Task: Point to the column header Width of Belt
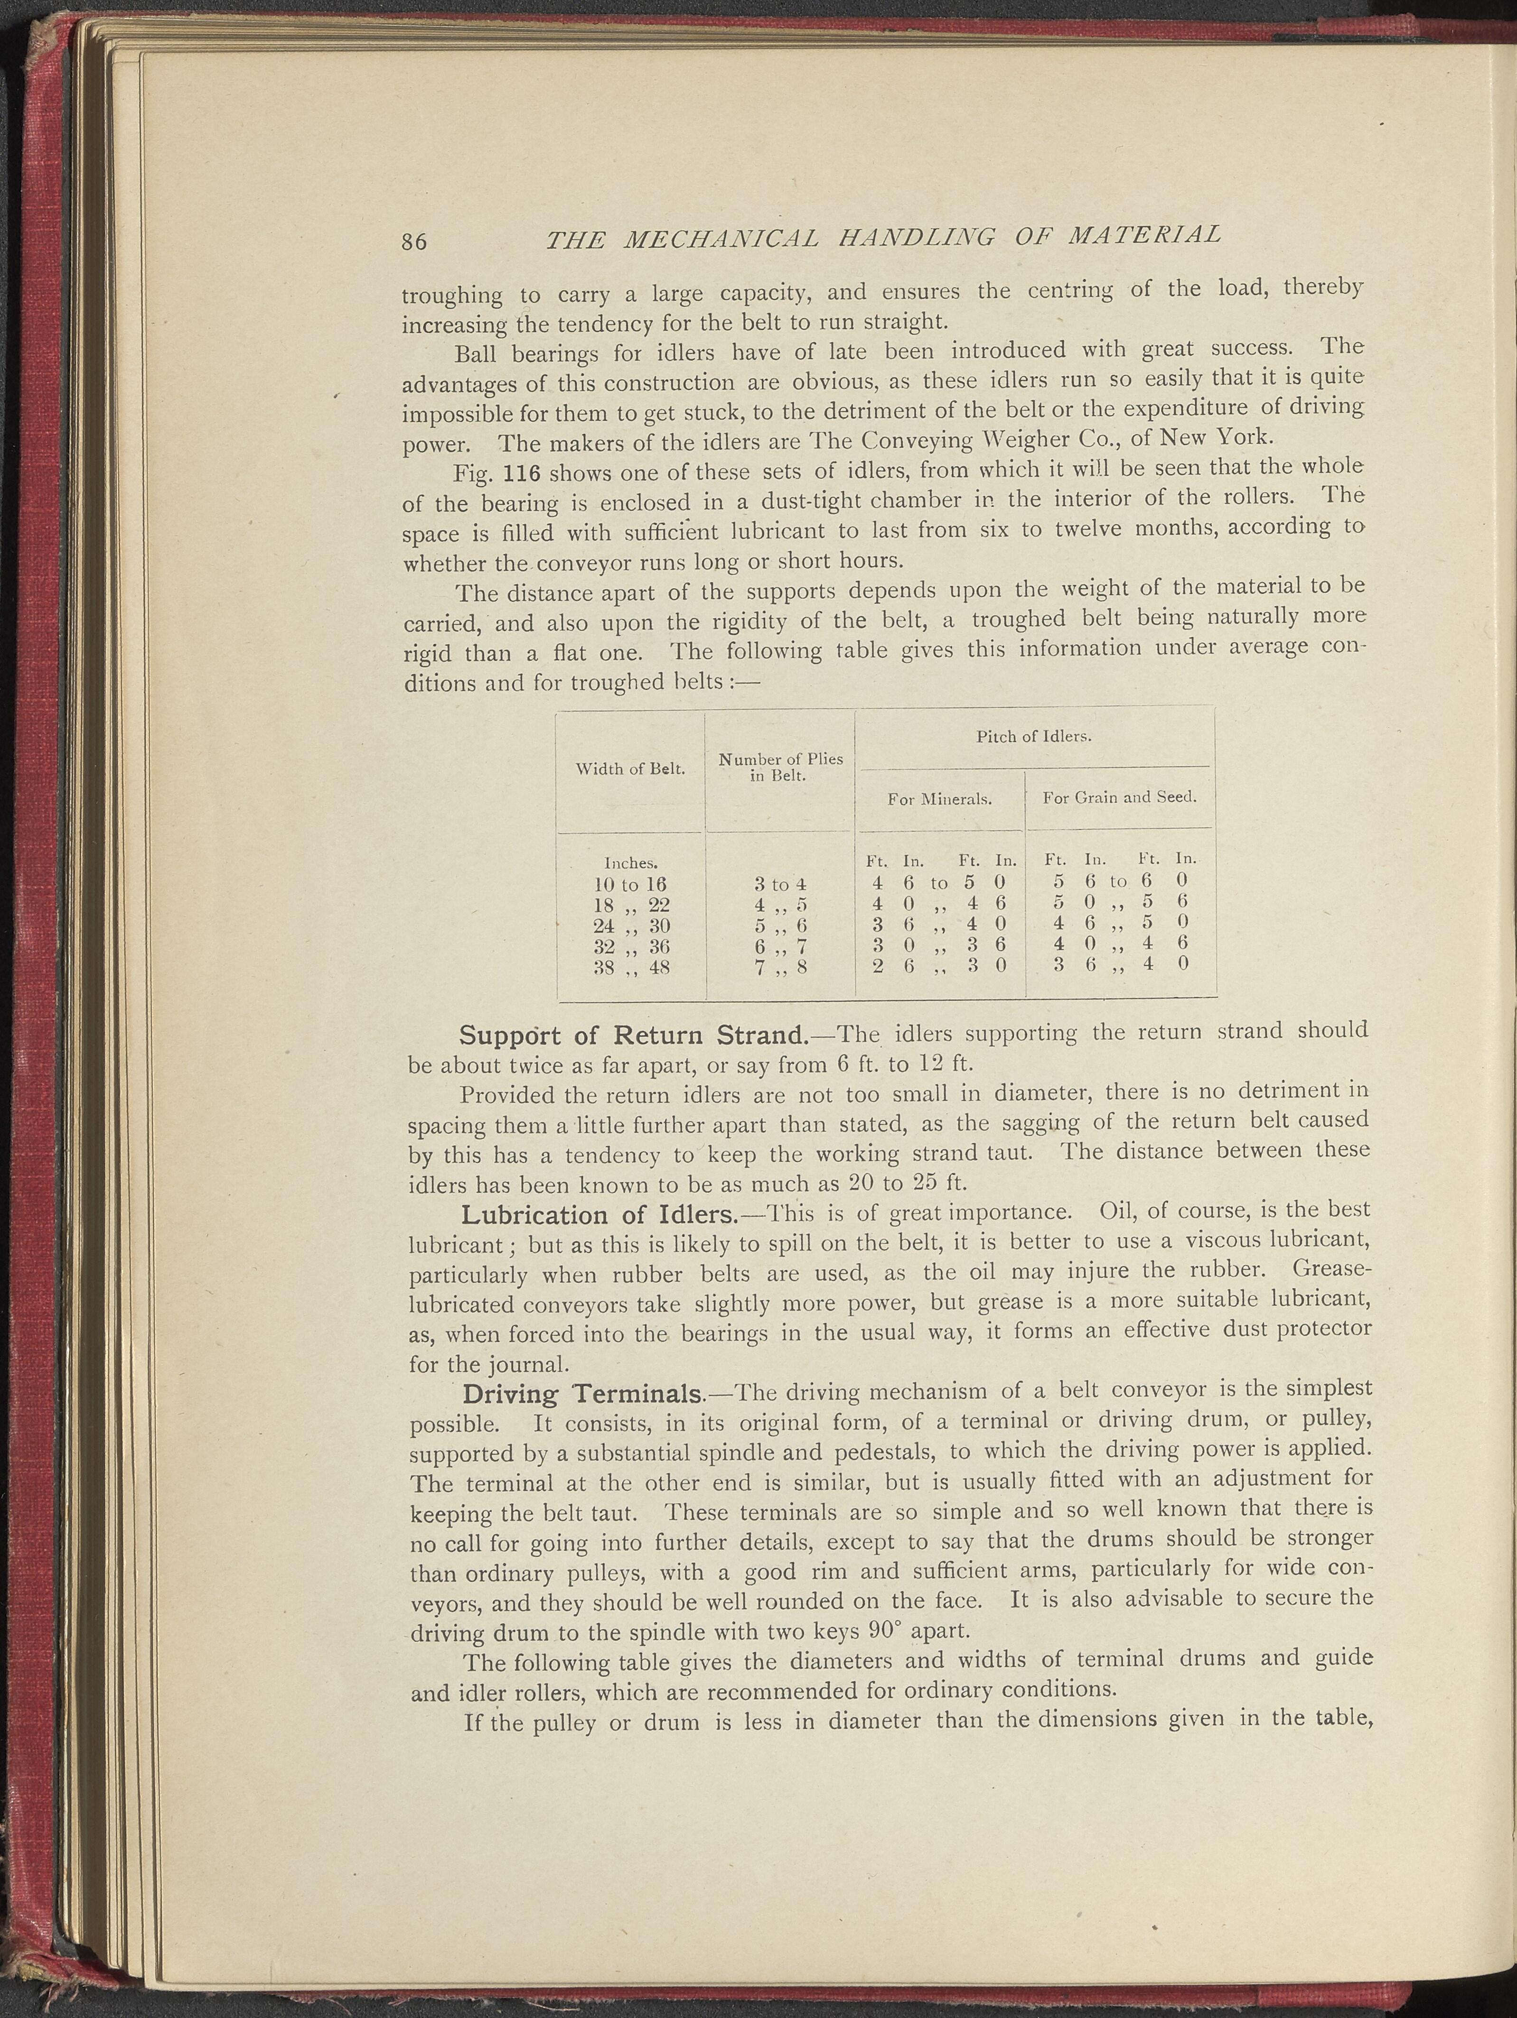pos(630,769)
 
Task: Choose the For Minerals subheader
pos(940,799)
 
